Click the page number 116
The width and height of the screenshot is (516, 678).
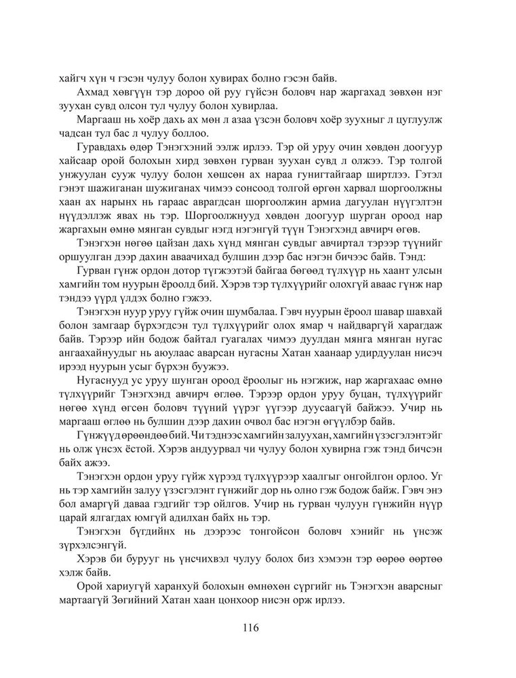pos(257,627)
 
